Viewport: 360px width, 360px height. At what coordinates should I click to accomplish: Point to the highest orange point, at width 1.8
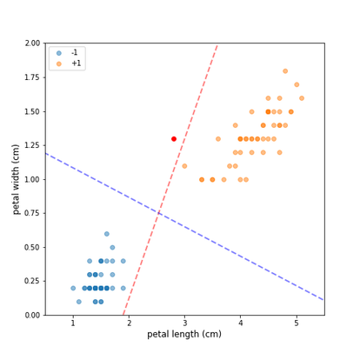(x=285, y=71)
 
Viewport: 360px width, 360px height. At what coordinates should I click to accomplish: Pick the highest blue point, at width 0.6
(x=107, y=234)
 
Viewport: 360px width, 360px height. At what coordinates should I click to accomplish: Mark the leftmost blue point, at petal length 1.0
(x=73, y=288)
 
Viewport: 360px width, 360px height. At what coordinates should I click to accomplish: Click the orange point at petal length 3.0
(x=184, y=166)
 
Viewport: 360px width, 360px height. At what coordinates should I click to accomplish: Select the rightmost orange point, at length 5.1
(x=302, y=98)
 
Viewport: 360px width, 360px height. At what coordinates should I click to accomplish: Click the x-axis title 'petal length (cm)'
(x=184, y=334)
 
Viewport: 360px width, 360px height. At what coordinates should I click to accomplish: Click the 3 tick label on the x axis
(x=184, y=323)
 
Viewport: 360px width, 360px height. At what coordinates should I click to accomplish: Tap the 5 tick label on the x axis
(x=297, y=323)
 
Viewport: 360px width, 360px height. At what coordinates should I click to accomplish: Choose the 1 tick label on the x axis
(x=73, y=323)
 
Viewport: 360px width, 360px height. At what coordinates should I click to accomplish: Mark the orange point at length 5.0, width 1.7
(x=297, y=84)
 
